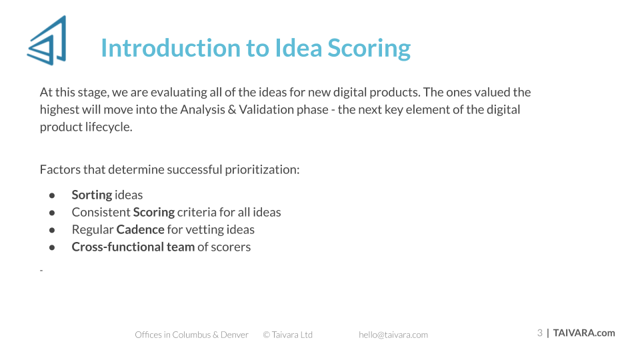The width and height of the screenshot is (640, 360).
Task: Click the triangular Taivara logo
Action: [47, 41]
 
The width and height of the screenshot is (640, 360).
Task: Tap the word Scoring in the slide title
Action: [369, 49]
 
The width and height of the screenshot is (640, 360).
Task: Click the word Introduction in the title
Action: [171, 48]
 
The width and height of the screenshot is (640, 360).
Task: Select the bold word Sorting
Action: [92, 195]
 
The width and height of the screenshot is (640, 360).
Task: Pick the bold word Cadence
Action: [141, 229]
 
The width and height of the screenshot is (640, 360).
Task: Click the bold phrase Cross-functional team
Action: [133, 247]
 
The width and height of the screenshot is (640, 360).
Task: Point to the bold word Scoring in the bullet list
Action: [154, 213]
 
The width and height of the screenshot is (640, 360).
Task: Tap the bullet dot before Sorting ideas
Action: [52, 195]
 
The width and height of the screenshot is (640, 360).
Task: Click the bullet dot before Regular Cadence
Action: [52, 230]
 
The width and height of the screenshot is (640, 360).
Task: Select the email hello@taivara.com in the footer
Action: [393, 335]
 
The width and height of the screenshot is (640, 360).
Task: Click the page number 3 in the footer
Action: [539, 333]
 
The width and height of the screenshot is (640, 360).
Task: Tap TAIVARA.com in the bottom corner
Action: [584, 333]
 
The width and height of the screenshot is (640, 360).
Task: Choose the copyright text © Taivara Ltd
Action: [288, 335]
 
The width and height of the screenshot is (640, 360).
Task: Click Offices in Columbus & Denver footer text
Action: [191, 335]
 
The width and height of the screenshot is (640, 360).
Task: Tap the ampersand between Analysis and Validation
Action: [232, 110]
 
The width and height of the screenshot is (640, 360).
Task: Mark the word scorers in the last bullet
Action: [231, 247]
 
